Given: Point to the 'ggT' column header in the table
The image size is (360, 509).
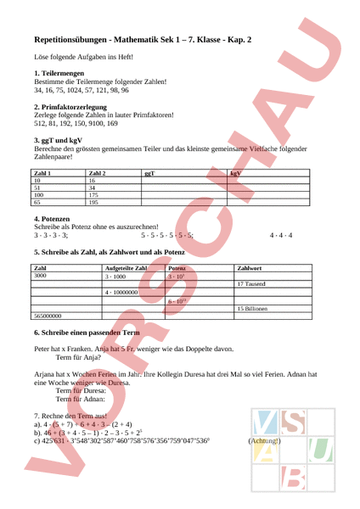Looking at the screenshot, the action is point(149,173).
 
